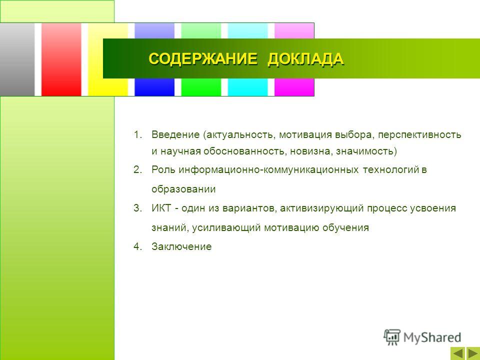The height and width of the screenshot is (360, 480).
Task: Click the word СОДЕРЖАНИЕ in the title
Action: (203, 58)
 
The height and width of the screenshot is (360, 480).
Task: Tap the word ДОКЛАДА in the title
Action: (306, 59)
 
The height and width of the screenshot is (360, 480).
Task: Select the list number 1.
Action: (138, 134)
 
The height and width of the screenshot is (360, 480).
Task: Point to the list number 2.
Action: (138, 169)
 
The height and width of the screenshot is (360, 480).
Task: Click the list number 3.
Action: (138, 208)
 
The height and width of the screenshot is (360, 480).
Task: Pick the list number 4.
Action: (138, 246)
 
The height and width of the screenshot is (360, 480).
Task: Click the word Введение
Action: (175, 134)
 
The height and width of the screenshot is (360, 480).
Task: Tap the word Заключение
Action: (181, 246)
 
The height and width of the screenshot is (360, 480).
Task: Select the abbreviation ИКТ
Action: (161, 208)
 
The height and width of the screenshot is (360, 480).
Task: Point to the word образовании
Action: (183, 189)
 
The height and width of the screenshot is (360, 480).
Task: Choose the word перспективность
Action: (419, 135)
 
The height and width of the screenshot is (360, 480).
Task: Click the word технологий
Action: (390, 169)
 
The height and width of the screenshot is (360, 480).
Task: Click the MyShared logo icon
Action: (392, 337)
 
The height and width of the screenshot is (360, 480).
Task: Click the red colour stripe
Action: (61, 59)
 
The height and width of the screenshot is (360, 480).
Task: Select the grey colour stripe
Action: (17, 59)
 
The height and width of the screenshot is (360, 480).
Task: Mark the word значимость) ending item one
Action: (366, 151)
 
